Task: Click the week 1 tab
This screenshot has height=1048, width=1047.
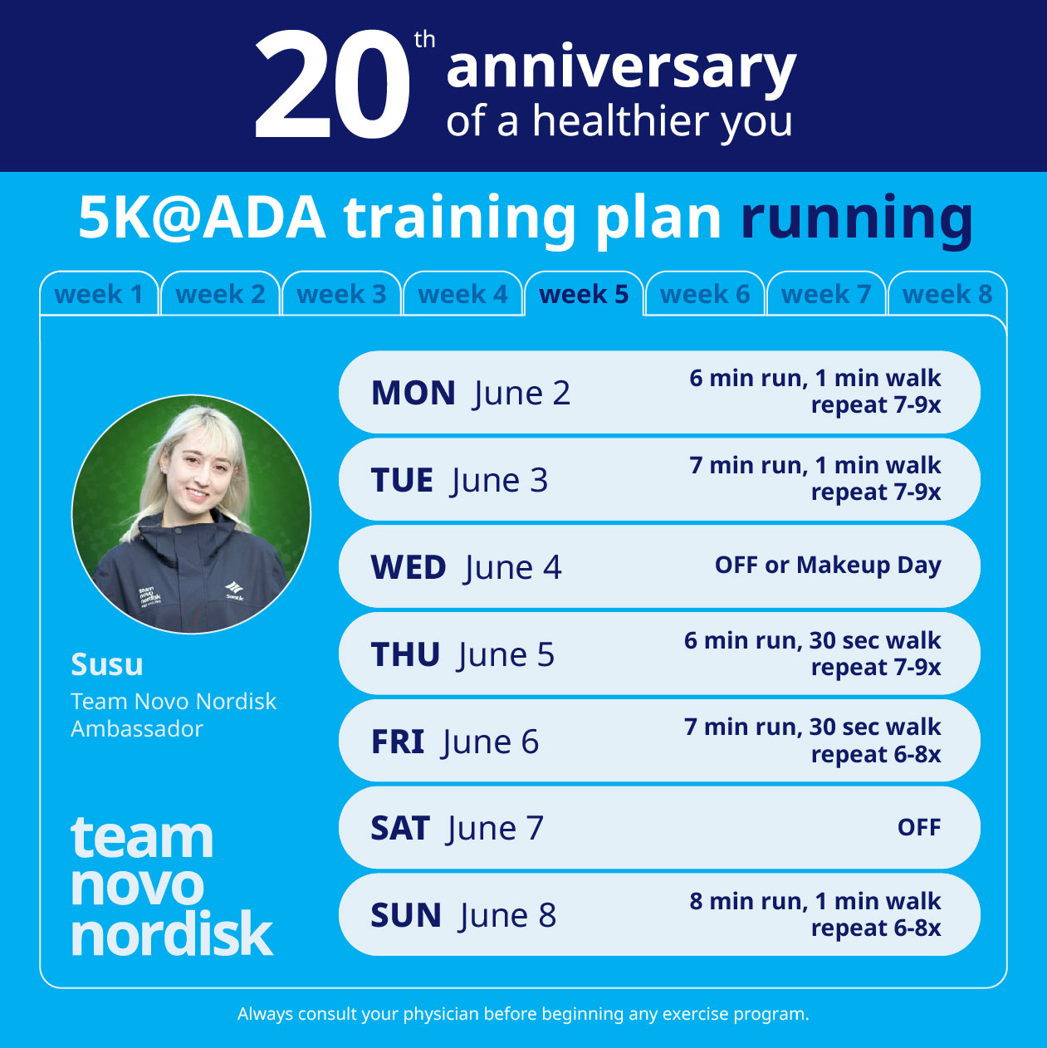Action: pos(99,294)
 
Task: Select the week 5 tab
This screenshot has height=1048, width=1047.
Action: pos(584,294)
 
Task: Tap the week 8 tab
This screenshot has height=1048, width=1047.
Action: pos(947,294)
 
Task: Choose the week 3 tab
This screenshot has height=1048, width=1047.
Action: pos(341,294)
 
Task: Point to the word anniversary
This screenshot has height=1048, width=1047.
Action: pos(621,68)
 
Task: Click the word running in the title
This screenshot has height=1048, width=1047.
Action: pos(856,218)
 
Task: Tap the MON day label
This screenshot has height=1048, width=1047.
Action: pos(413,393)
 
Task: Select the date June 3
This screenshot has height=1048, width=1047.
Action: pos(500,480)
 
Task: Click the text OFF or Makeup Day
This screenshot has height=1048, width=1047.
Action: pos(828,566)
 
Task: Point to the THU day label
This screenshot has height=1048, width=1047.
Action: pos(405,654)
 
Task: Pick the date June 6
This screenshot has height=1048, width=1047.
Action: pos(491,742)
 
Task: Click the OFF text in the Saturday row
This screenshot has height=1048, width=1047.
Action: pos(918,827)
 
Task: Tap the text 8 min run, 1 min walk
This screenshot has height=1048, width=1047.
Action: pos(815,901)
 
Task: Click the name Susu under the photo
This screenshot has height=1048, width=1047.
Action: pos(107,664)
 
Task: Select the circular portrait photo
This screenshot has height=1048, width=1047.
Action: pos(192,514)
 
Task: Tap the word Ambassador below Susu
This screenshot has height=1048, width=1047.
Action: pos(137,728)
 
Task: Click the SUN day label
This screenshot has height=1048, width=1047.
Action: pos(406,915)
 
